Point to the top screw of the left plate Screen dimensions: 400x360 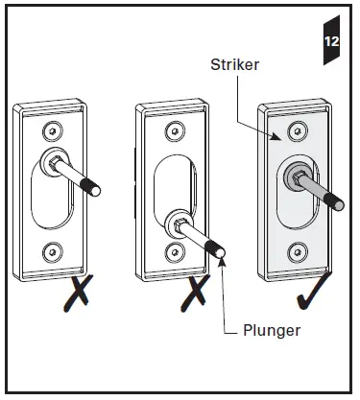click(48, 129)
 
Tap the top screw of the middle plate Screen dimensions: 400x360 click(174, 129)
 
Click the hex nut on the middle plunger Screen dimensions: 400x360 click(180, 226)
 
